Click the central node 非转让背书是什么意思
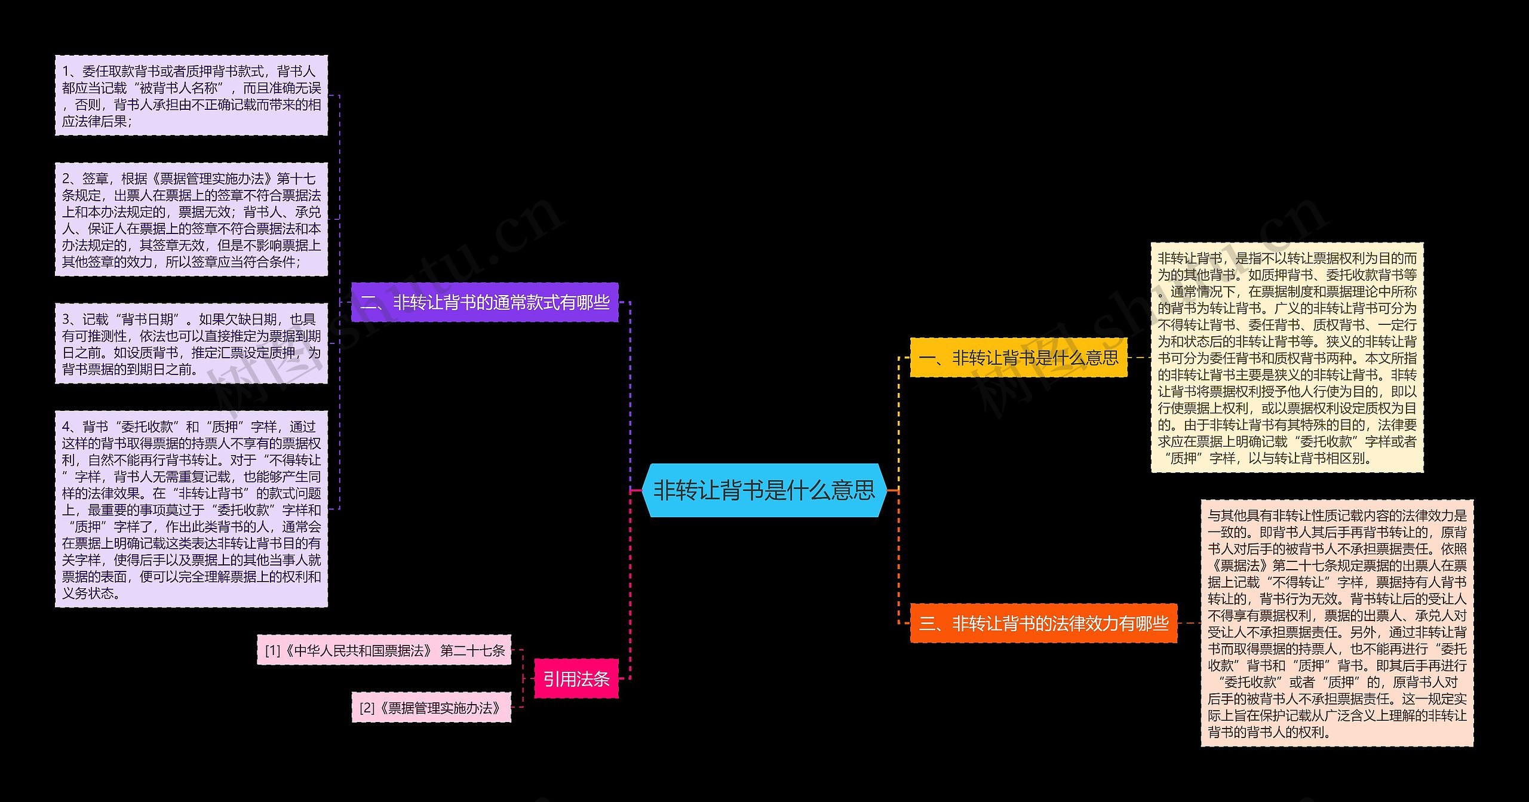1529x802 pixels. coord(763,490)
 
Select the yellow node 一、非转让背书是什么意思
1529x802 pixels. coord(1018,358)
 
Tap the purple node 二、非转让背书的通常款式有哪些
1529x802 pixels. coord(484,302)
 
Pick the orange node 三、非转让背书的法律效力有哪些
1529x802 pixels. coord(1043,623)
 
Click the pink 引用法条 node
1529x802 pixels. coord(576,678)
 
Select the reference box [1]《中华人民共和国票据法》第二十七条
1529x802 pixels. coord(384,650)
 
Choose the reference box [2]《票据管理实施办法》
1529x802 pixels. coord(431,708)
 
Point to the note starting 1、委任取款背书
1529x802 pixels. coord(191,96)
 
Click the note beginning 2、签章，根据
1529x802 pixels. coord(191,219)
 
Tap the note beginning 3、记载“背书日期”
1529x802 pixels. coord(191,343)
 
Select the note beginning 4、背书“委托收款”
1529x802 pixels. coord(191,509)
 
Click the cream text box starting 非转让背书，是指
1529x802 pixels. coord(1287,358)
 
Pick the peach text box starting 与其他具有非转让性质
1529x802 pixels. coord(1337,623)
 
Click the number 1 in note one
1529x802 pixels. coord(66,72)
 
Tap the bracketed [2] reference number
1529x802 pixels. coord(367,708)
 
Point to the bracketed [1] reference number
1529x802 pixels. coord(272,650)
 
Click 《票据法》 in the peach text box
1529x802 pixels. coord(1239,566)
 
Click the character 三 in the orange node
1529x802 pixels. coord(927,624)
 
